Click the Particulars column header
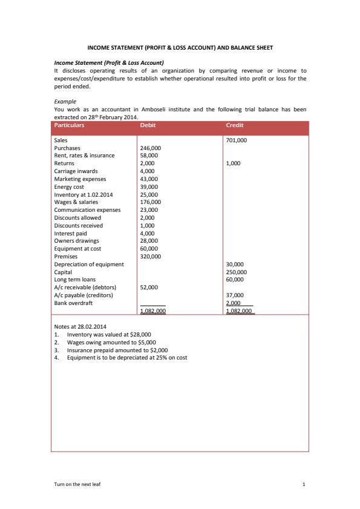[x=69, y=125]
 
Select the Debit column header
[x=148, y=125]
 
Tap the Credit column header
[x=234, y=125]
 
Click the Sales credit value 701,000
[x=236, y=140]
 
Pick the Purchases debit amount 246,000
[x=150, y=148]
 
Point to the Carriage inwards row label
[x=76, y=171]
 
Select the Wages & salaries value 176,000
[x=150, y=202]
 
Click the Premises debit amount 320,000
[x=150, y=257]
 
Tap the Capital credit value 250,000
[x=236, y=272]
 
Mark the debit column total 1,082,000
[x=153, y=311]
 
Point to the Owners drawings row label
[x=76, y=241]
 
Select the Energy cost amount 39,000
[x=149, y=187]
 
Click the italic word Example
[x=65, y=102]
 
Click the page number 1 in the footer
[x=304, y=485]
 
